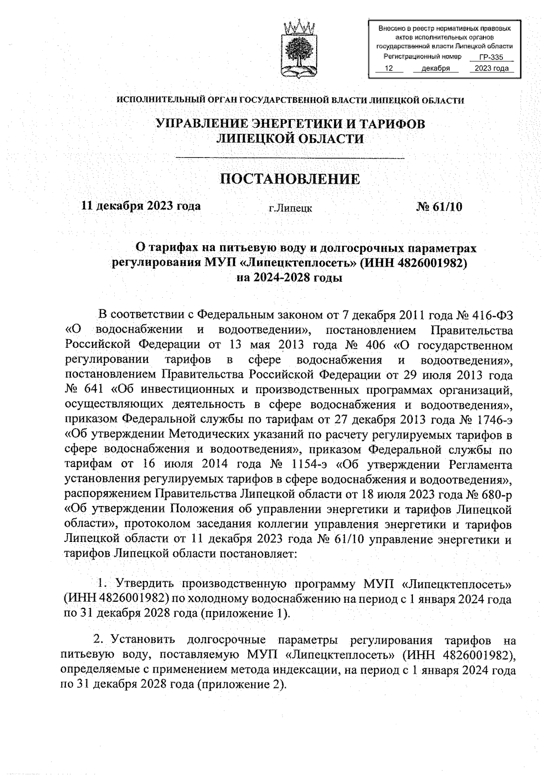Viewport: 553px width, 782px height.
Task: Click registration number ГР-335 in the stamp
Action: coord(490,58)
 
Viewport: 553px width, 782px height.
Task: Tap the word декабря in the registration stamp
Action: coord(435,68)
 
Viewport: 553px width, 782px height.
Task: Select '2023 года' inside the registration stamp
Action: coord(491,68)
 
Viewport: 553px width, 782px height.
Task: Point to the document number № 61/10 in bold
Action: coord(439,207)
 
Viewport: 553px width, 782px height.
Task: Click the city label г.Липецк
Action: coord(290,208)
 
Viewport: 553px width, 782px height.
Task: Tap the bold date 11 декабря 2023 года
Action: coord(141,206)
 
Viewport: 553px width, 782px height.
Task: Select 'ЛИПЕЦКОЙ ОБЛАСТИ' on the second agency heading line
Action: coord(290,139)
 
